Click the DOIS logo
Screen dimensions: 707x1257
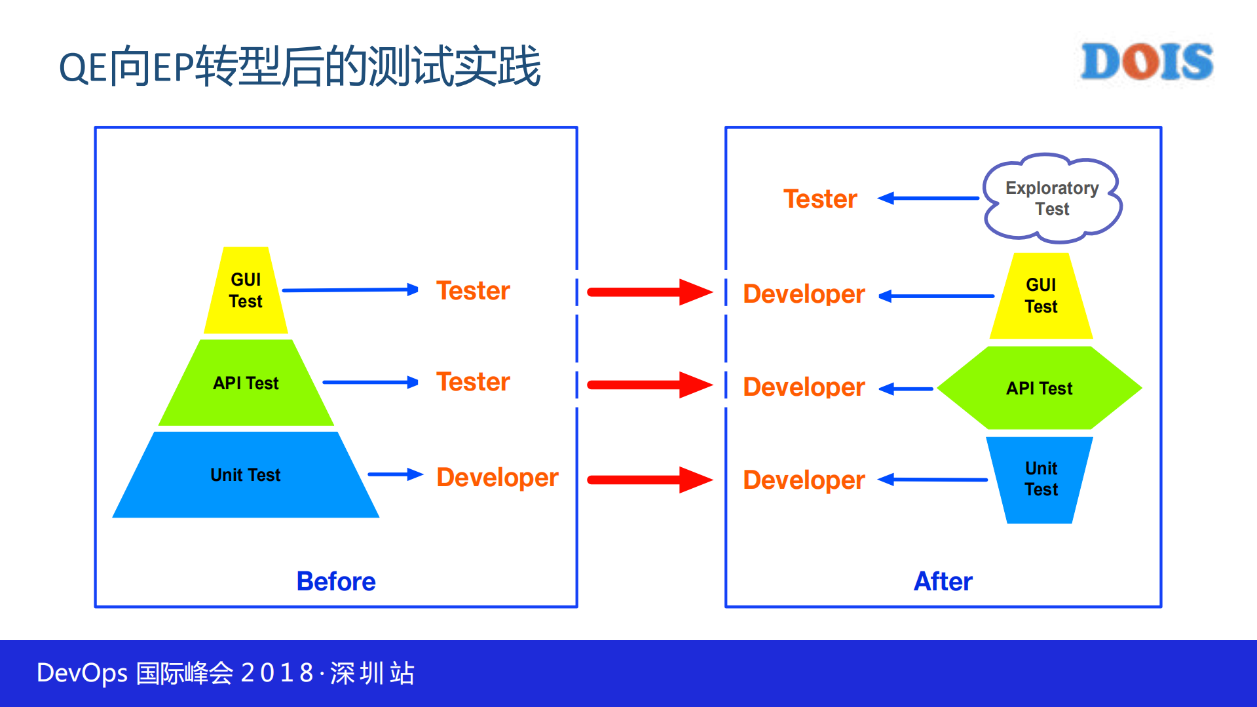coord(1146,62)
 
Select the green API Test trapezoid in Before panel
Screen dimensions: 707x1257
coord(246,383)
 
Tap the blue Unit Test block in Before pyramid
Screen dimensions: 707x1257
coord(246,475)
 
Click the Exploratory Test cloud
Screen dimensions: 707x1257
coord(1052,198)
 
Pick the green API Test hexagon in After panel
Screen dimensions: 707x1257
coord(1039,389)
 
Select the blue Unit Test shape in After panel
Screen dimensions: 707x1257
coord(1040,479)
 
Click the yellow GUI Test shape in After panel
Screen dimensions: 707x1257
coord(1041,296)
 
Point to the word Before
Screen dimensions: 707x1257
coord(336,581)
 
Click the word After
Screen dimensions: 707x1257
coord(943,581)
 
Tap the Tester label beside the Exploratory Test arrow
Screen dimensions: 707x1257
coord(820,199)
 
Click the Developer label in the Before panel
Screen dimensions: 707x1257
coord(497,477)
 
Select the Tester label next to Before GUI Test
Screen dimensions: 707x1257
coord(473,290)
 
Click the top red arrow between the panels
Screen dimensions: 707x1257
coord(649,292)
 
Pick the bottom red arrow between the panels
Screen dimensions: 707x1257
coord(649,480)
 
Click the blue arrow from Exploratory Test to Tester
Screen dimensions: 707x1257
coord(929,198)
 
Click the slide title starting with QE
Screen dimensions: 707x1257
coord(299,67)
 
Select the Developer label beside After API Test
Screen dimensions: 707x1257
coord(804,387)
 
